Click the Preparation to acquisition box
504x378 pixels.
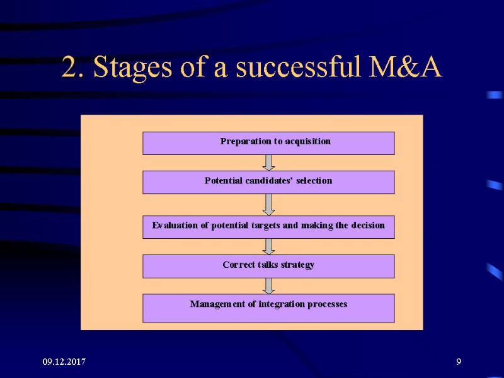268,143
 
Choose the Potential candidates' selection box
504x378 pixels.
268,182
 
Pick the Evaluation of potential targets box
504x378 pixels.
268,227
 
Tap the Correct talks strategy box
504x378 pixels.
268,266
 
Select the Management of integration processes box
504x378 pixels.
268,307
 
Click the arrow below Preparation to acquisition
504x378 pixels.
268,163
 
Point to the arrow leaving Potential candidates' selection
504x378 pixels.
268,204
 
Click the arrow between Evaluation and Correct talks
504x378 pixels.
268,246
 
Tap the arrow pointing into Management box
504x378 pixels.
268,286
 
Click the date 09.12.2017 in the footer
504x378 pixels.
65,362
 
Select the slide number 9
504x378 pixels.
459,362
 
